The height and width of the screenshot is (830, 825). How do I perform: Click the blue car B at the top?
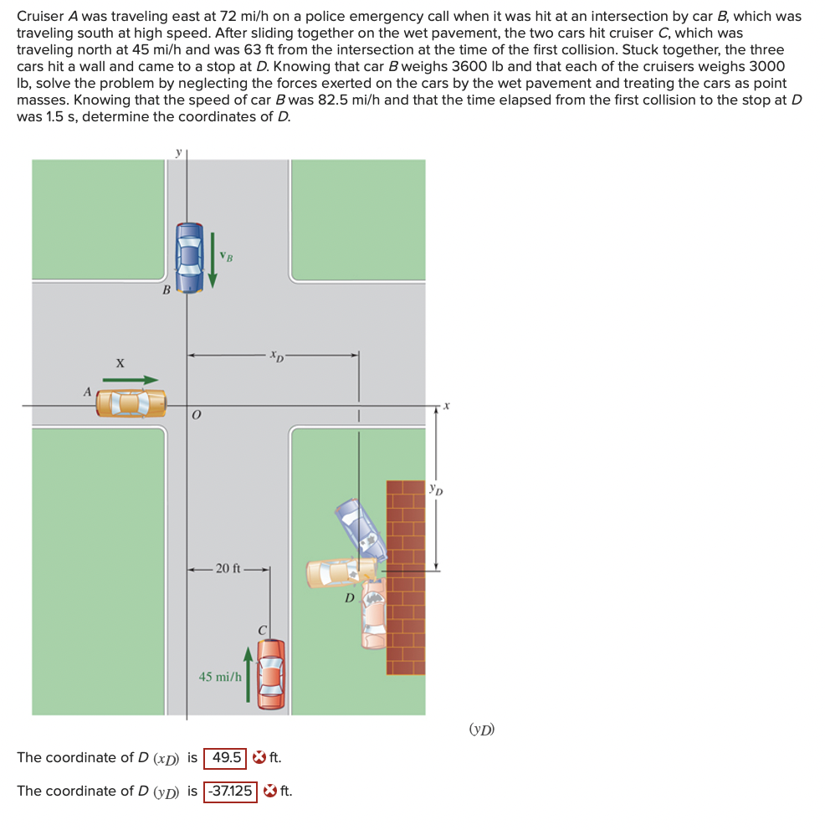tap(191, 257)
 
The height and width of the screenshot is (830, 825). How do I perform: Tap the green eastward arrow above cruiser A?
tap(130, 380)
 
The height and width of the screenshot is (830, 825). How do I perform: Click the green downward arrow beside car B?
tap(213, 257)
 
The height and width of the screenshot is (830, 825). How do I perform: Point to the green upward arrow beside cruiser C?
tap(249, 674)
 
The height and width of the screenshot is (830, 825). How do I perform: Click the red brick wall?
tap(405, 577)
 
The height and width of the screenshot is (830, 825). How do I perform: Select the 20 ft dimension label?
tap(228, 569)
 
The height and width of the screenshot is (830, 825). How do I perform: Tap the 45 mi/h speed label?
tap(220, 676)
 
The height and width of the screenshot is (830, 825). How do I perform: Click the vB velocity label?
tap(226, 255)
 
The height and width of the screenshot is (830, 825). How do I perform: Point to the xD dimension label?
tap(276, 355)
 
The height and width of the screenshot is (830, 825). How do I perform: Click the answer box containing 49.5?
tap(227, 758)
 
